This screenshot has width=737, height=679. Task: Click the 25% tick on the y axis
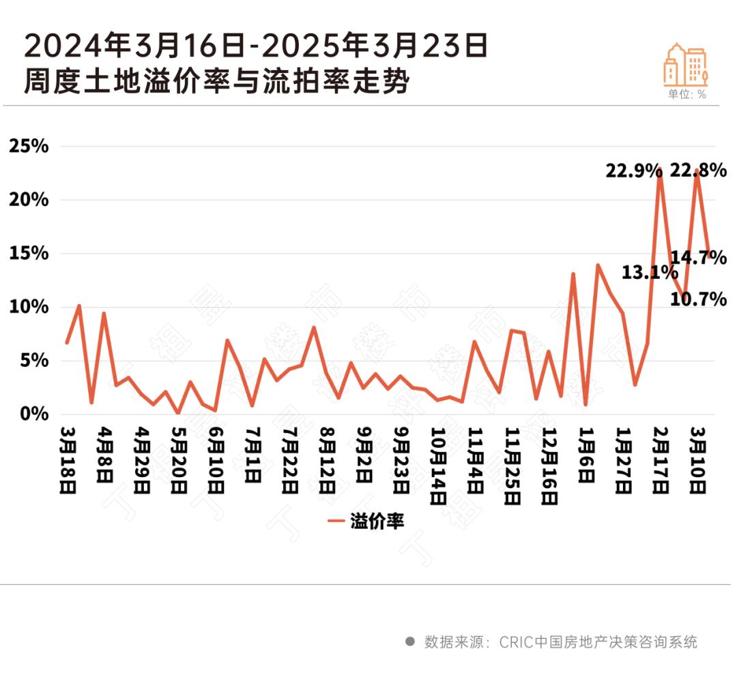[28, 147]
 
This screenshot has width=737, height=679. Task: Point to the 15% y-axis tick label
[28, 254]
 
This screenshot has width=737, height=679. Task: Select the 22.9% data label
[633, 170]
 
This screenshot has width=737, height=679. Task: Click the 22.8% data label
[698, 170]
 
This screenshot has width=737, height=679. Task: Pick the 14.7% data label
[698, 258]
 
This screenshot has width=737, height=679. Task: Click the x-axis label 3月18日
[69, 461]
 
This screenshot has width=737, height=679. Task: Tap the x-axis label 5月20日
[179, 461]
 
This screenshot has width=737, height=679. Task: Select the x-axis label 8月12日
[328, 461]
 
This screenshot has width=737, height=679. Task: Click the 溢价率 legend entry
[366, 522]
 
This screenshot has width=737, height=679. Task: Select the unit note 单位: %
[687, 95]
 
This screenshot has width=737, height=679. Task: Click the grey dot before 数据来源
[410, 642]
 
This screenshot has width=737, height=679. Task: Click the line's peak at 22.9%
[660, 168]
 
